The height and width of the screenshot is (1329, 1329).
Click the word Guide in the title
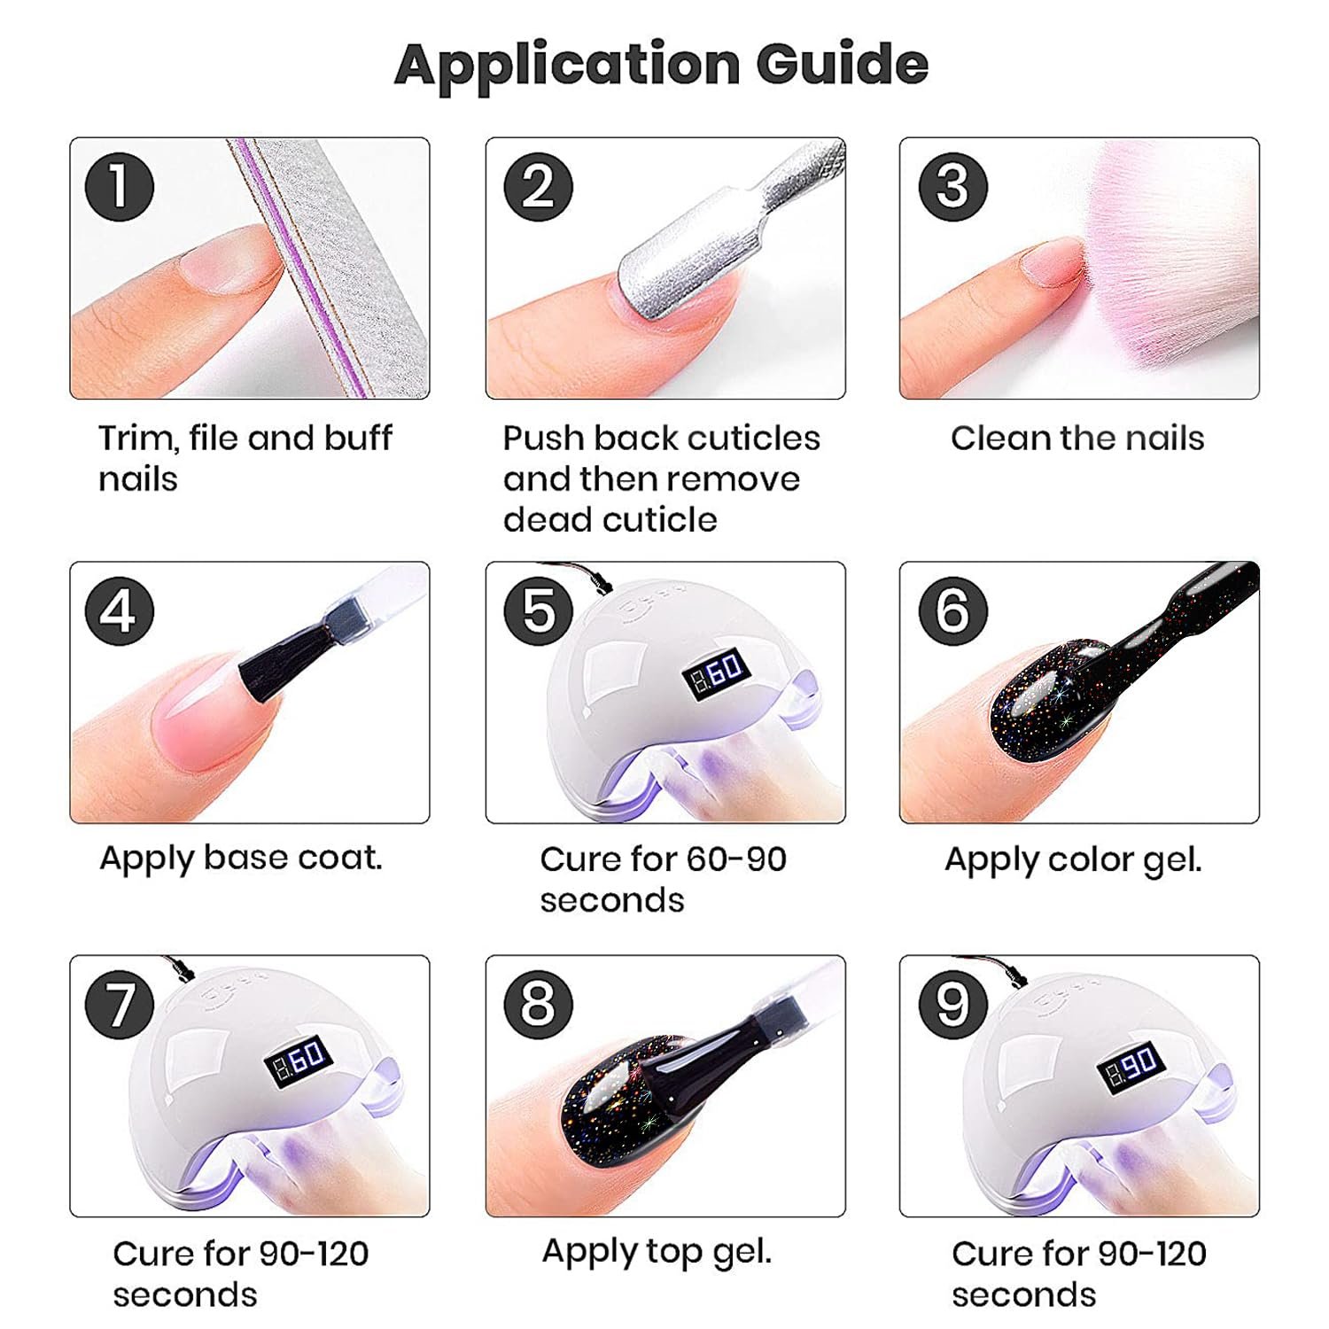pyautogui.click(x=842, y=65)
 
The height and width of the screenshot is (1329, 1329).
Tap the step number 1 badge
pyautogui.click(x=120, y=187)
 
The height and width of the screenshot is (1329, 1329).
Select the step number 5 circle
pyautogui.click(x=538, y=611)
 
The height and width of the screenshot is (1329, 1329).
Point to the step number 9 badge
pyautogui.click(x=952, y=1005)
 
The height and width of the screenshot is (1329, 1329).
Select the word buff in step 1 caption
pyautogui.click(x=358, y=439)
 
